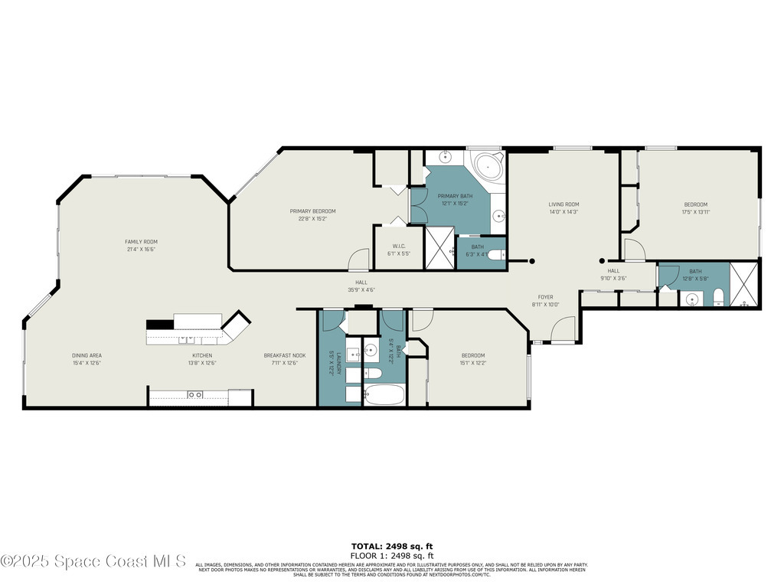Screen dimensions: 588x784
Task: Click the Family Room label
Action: [141, 241]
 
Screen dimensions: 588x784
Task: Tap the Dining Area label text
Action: [87, 355]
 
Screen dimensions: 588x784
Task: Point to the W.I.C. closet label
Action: [398, 246]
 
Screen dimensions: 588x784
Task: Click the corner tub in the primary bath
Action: [487, 166]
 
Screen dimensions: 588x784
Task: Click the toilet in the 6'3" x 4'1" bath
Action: [495, 255]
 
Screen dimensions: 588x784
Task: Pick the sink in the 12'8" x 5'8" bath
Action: [691, 299]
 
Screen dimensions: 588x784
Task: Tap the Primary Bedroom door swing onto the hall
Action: [358, 260]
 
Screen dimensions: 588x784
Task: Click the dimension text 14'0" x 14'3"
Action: [563, 212]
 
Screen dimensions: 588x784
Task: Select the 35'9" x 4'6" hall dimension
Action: [361, 290]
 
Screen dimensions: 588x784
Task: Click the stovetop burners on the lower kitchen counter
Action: [195, 394]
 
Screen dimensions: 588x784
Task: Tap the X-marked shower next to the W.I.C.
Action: [439, 247]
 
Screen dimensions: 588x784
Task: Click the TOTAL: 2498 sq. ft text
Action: [392, 546]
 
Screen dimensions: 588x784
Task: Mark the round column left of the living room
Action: [533, 261]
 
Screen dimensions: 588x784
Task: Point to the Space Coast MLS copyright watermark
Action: [93, 561]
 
